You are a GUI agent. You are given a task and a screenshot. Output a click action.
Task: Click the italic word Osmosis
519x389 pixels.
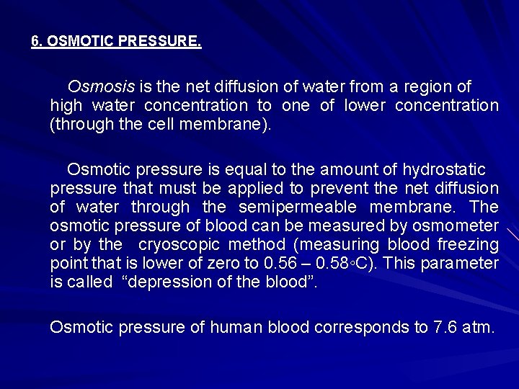pos(100,87)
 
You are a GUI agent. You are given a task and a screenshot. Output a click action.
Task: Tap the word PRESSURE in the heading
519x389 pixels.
pos(167,42)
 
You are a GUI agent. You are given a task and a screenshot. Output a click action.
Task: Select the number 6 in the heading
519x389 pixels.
pos(35,42)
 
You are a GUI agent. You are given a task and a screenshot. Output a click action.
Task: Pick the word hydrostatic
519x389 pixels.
pos(443,169)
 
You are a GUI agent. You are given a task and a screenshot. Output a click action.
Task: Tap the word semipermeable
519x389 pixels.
pos(298,207)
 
